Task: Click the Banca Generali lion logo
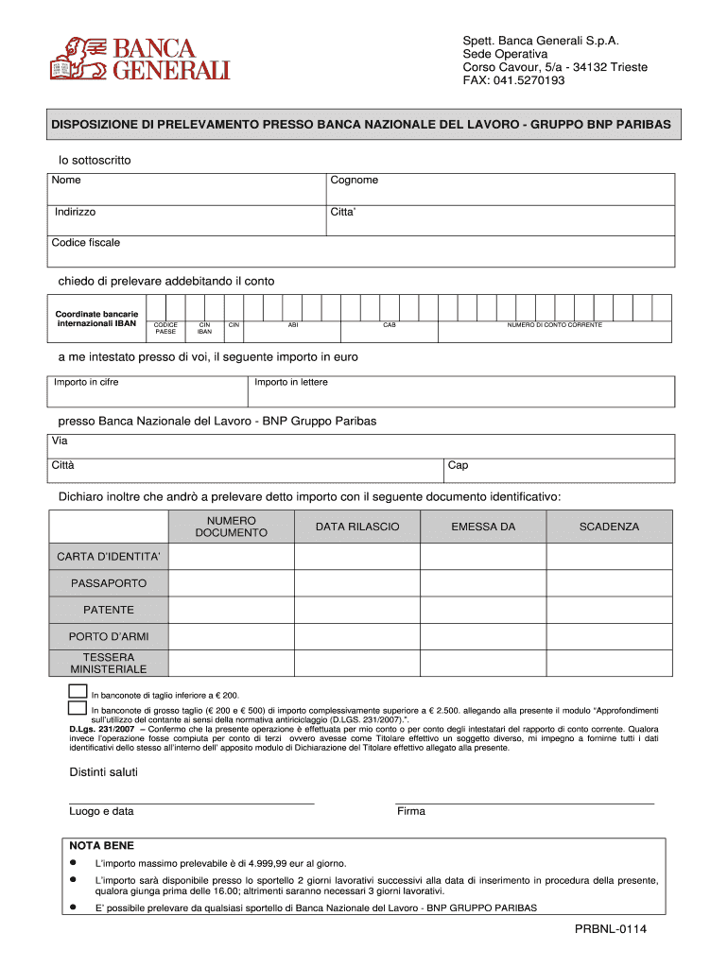click(x=77, y=58)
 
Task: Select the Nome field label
click(x=66, y=181)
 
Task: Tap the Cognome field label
click(x=354, y=181)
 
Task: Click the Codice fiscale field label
click(x=86, y=243)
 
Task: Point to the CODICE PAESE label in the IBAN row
click(x=165, y=328)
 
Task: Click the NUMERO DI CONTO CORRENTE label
click(x=554, y=324)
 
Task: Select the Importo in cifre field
click(x=148, y=391)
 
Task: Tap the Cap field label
click(x=458, y=465)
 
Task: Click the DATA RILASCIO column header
click(x=357, y=527)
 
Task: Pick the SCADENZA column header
click(x=609, y=527)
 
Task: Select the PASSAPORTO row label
click(x=109, y=583)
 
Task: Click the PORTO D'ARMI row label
click(x=109, y=636)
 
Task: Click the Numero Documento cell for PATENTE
click(x=231, y=610)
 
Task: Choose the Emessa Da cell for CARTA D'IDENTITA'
click(x=483, y=557)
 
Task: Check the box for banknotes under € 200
click(x=78, y=691)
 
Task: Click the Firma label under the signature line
click(x=411, y=811)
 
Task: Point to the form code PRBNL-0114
click(x=610, y=930)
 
